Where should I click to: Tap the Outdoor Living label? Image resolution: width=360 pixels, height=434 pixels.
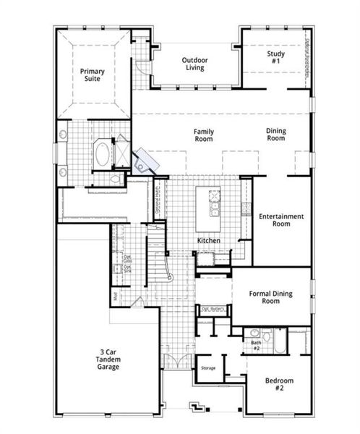[x=194, y=64]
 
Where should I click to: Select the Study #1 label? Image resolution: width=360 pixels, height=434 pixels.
[x=273, y=56]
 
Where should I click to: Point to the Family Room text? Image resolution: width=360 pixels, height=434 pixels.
[x=203, y=135]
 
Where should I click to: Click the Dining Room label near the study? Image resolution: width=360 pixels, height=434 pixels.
[x=276, y=134]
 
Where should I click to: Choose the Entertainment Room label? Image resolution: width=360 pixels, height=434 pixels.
[x=281, y=220]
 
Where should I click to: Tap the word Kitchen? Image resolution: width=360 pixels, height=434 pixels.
[x=208, y=240]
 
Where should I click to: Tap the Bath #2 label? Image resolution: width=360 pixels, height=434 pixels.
[x=256, y=344]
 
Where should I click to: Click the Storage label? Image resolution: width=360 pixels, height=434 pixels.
[x=208, y=368]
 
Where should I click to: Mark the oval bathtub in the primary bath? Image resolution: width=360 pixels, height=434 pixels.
[x=103, y=154]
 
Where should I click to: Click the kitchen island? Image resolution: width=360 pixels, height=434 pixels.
[x=214, y=203]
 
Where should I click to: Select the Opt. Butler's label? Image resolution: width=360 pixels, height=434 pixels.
[x=215, y=309]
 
